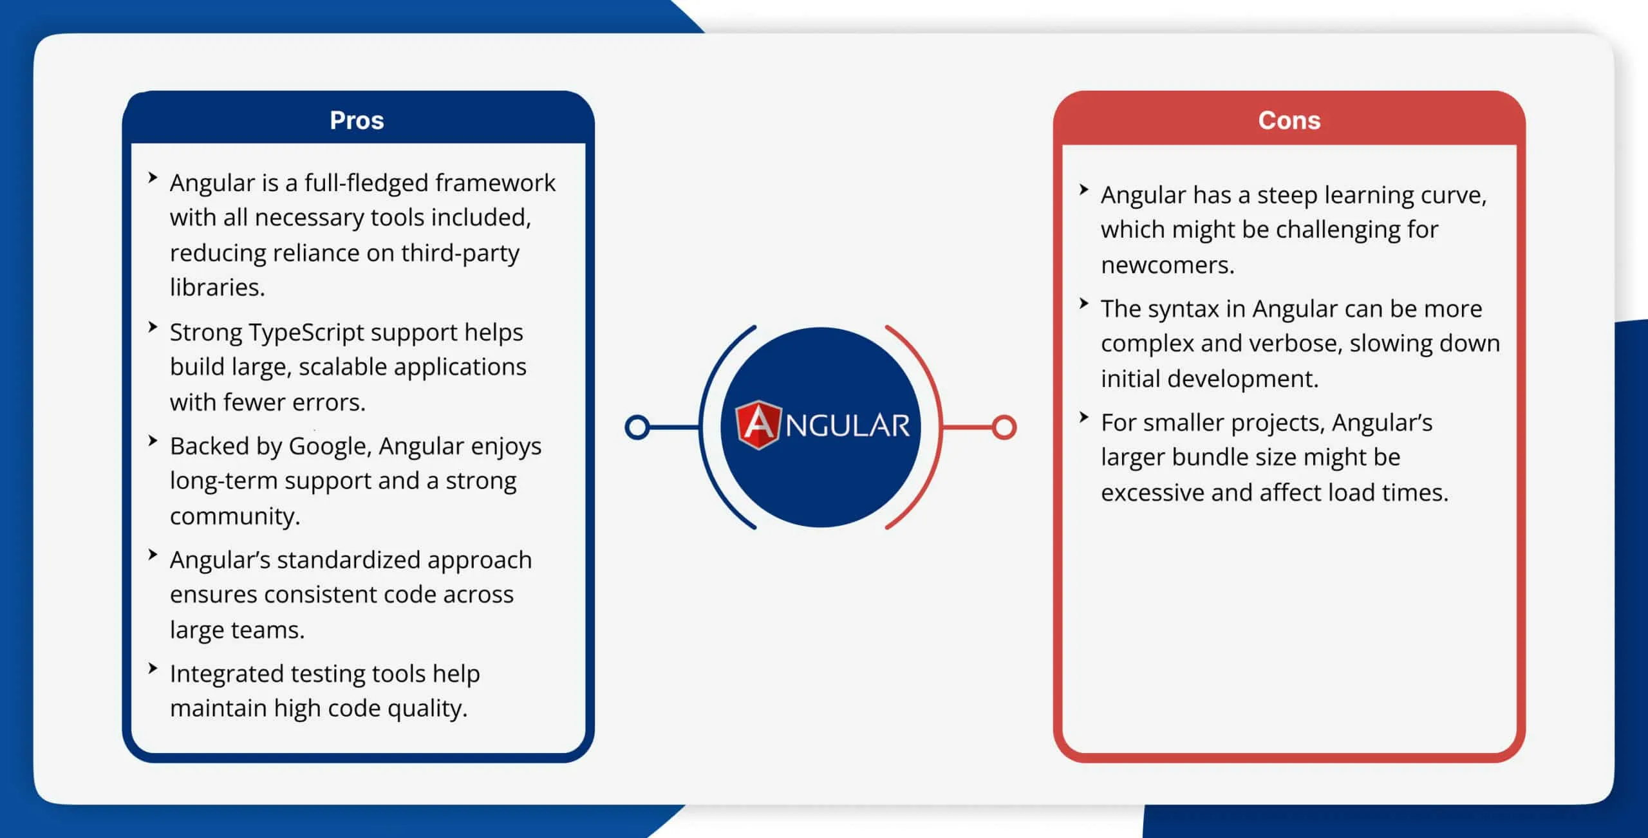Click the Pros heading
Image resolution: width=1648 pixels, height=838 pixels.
[x=357, y=120]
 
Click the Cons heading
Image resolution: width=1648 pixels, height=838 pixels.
[x=1289, y=120]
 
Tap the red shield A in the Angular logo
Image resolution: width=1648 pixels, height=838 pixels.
[x=758, y=425]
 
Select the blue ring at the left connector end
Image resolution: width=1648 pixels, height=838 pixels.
[x=637, y=427]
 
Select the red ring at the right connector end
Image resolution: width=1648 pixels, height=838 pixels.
[x=1004, y=427]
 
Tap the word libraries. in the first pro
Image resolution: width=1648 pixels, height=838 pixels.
[x=217, y=287]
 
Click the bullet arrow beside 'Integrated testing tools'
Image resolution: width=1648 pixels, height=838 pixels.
[x=153, y=668]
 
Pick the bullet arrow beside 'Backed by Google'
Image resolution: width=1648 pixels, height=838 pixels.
[x=153, y=441]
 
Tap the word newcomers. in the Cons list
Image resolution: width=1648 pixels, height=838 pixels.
[x=1167, y=265]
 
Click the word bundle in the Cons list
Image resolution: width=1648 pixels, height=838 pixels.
[x=1215, y=457]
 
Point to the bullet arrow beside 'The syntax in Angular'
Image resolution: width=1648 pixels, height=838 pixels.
[x=1084, y=303]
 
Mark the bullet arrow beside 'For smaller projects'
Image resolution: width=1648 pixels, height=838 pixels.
[x=1084, y=417]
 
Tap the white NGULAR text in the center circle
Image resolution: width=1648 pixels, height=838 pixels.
[x=847, y=426]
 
